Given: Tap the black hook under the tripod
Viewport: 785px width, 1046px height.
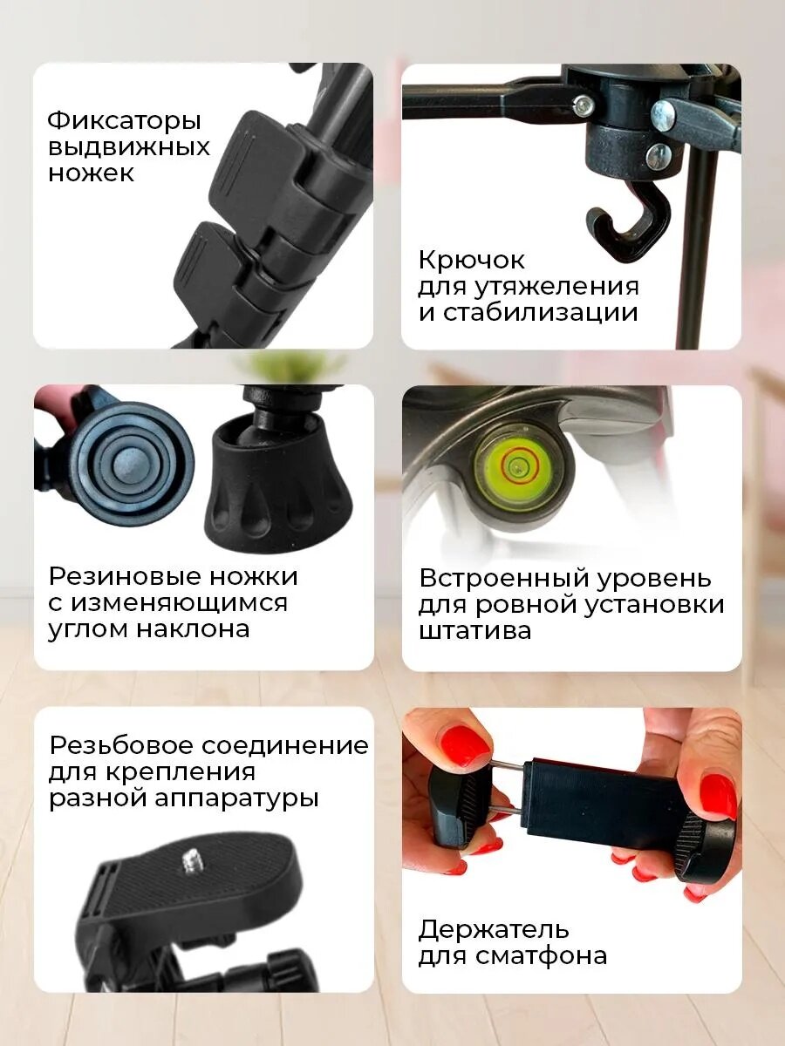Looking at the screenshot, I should tap(627, 222).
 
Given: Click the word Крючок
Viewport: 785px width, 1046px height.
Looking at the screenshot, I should tap(472, 259).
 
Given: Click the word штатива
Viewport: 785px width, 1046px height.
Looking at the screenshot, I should tap(474, 630).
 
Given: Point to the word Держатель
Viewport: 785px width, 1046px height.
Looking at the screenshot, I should tap(494, 929).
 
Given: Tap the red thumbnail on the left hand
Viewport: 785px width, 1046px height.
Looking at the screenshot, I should tap(461, 747).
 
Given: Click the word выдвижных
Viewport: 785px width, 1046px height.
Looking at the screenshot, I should tap(129, 146).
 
